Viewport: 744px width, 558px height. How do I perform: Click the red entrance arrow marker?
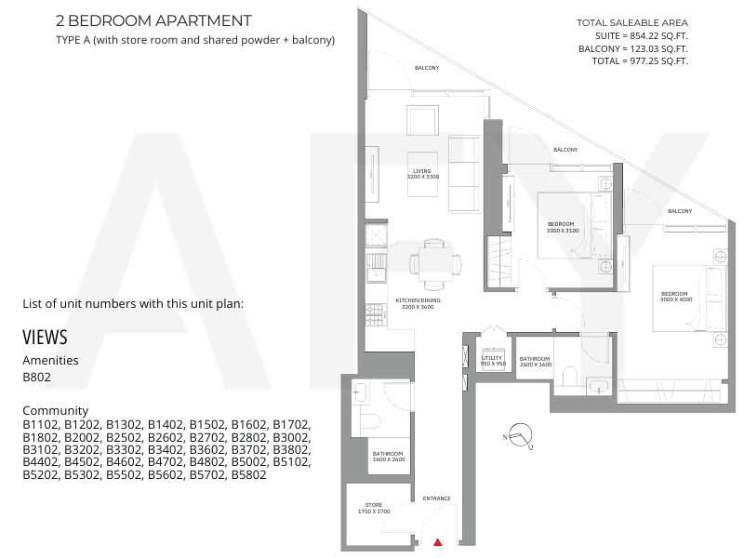(438, 542)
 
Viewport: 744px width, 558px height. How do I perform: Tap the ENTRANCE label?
(436, 498)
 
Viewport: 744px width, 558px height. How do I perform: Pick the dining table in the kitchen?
(435, 264)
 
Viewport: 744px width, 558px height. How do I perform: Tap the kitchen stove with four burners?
(375, 314)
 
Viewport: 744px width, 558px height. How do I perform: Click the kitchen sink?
(376, 267)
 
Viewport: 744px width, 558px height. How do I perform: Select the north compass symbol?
(520, 435)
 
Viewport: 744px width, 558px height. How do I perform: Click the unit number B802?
(36, 377)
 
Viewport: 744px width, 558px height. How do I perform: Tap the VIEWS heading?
(45, 338)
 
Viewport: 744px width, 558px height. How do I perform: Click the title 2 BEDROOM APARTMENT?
(153, 20)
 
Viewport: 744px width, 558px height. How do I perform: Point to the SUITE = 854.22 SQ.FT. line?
(642, 35)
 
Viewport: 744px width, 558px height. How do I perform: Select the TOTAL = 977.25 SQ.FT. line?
(640, 60)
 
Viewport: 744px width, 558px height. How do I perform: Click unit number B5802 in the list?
(248, 474)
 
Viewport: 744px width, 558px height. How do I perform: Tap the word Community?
(56, 410)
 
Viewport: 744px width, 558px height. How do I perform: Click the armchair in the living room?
(422, 121)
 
